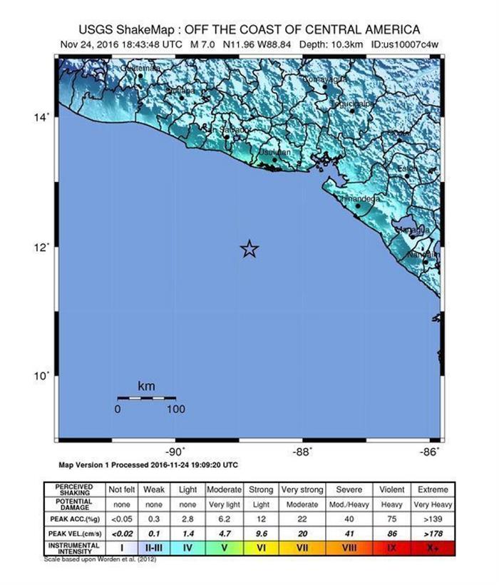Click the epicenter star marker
coord(249,248)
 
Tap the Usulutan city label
coord(274,153)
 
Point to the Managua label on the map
coord(413,230)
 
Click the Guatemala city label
coord(139,68)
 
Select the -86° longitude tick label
coord(429,451)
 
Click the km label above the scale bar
coord(146,386)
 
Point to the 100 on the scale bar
coord(175,409)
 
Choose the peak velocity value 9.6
coord(260,531)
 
